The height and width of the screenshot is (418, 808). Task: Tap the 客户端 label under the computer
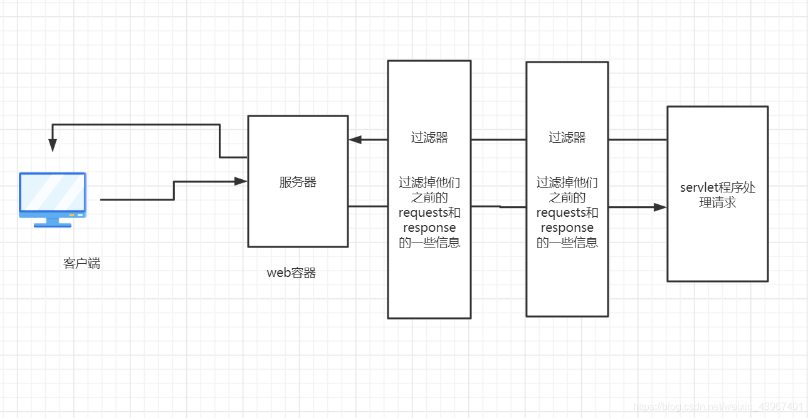81,263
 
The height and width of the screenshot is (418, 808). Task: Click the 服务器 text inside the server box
298,182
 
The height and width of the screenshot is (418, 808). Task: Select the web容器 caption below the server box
291,273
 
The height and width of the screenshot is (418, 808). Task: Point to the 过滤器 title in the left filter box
429,138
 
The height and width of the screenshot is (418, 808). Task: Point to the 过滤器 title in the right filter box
567,138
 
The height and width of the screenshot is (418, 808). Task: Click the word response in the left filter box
429,227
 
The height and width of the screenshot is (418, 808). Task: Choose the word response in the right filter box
567,227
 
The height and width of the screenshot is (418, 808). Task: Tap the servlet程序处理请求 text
718,195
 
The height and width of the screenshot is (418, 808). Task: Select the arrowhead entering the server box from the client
241,181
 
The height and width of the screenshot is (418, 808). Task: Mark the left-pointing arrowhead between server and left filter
355,140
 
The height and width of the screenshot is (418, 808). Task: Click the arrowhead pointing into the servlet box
659,207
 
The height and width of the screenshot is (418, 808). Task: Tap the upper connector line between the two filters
498,140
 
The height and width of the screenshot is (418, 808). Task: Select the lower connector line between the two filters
498,206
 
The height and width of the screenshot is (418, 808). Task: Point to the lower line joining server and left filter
368,206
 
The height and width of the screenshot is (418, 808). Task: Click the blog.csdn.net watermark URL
718,407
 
